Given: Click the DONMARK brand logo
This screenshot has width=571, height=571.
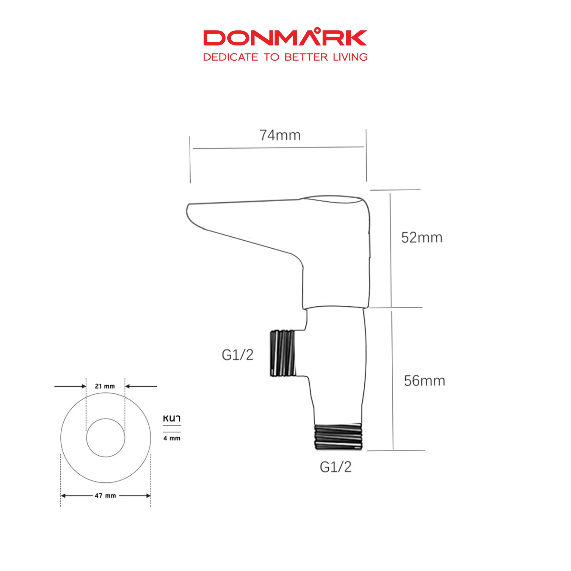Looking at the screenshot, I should point(285,38).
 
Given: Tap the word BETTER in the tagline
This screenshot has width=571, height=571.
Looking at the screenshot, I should point(306,57).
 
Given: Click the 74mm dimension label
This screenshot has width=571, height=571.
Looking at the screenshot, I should point(280,135).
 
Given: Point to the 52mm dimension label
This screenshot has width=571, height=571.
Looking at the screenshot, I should point(422,238).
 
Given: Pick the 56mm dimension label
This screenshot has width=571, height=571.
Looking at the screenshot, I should point(424,381).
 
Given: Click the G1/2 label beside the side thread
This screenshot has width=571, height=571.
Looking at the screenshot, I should point(237,355).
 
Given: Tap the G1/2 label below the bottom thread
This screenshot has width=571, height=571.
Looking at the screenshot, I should point(335,467).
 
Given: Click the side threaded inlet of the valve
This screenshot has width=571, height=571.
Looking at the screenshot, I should point(283,353).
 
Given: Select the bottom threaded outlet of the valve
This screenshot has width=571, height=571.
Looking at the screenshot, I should point(338,436).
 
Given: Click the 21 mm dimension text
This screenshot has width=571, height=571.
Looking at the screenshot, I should point(105,386).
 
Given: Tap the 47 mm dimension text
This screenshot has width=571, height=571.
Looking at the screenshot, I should point(105,496).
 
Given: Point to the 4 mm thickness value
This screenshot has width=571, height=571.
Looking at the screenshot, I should point(172,438).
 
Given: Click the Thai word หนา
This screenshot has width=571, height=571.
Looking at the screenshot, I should point(172,418).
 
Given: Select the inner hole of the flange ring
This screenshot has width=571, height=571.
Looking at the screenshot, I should point(106,438).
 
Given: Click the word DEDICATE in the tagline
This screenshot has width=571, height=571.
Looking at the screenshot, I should point(230,57).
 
